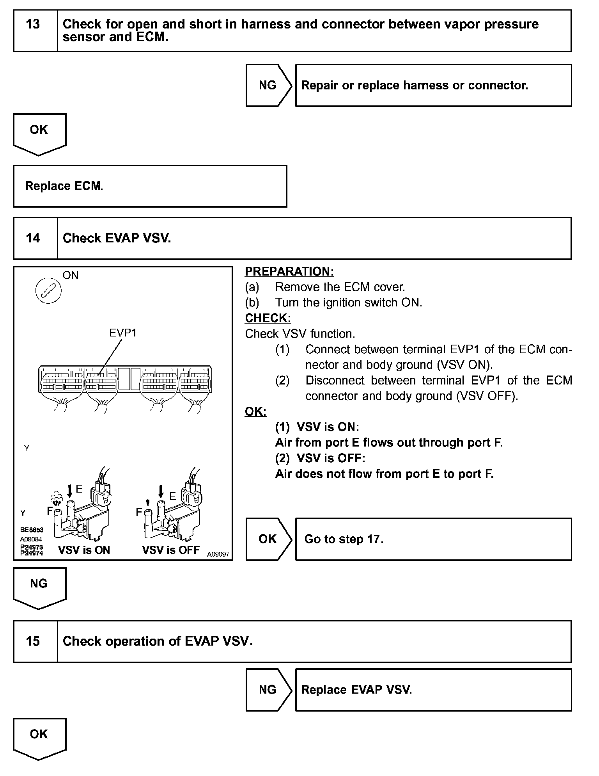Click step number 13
[33, 25]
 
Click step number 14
[33, 238]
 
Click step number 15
[33, 641]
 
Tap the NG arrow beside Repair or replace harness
[268, 85]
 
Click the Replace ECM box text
[64, 186]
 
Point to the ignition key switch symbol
[48, 291]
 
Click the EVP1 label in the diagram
[123, 333]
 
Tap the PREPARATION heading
[289, 272]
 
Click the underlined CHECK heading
[268, 318]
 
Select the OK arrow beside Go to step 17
[268, 539]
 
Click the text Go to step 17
[344, 539]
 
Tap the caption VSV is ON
[84, 550]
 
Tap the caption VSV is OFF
[171, 550]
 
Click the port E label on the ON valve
[80, 489]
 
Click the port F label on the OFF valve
[139, 513]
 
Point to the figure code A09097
[218, 554]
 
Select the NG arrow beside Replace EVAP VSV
[268, 690]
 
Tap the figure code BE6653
[32, 530]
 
